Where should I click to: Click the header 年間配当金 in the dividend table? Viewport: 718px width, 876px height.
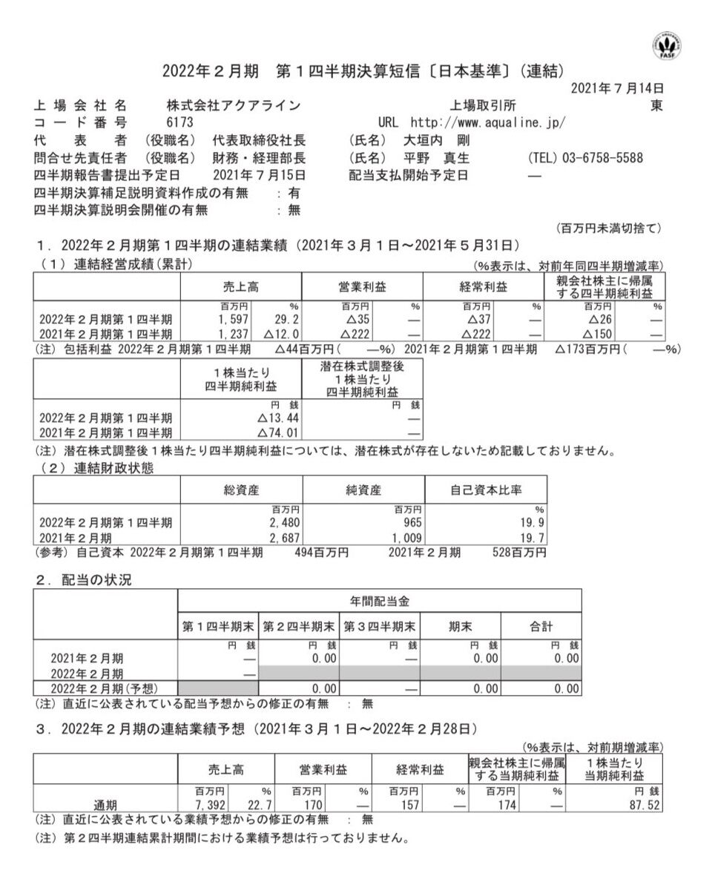point(379,601)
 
